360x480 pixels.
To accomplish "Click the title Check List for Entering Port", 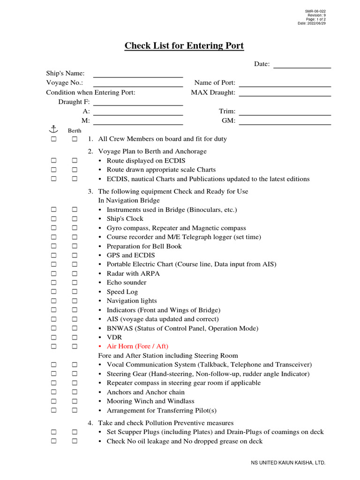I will pyautogui.click(x=184, y=46).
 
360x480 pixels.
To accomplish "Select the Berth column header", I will pyautogui.click(x=75, y=131).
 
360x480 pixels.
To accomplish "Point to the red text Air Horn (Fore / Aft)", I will pyautogui.click(x=137, y=346).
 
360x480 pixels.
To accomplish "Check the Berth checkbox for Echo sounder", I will pyautogui.click(x=75, y=283).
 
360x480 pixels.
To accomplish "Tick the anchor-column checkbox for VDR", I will pyautogui.click(x=54, y=337).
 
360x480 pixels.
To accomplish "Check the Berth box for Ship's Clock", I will pyautogui.click(x=75, y=219).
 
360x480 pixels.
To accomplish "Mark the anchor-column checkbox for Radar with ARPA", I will pyautogui.click(x=54, y=274).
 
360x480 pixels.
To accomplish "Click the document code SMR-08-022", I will pyautogui.click(x=316, y=11).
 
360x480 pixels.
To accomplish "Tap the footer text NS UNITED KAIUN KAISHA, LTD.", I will pyautogui.click(x=288, y=463).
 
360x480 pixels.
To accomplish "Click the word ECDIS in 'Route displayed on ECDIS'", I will pyautogui.click(x=175, y=161).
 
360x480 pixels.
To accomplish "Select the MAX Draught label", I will pyautogui.click(x=213, y=92).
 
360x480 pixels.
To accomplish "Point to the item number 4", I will pyautogui.click(x=90, y=423).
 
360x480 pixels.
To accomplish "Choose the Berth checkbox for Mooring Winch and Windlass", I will pyautogui.click(x=75, y=401).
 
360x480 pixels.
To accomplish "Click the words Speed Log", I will pyautogui.click(x=122, y=292).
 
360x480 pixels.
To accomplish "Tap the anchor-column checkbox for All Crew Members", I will pyautogui.click(x=54, y=139).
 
